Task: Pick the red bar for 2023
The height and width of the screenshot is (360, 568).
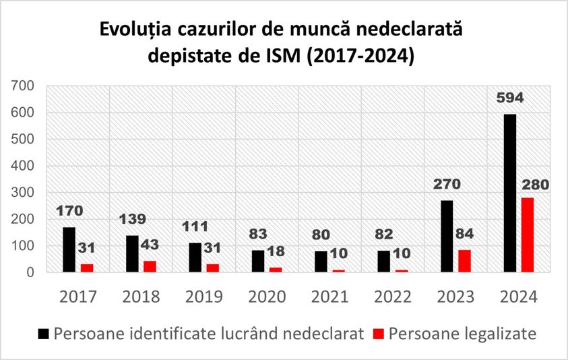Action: pos(465,261)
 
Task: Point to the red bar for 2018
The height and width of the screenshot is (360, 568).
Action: pos(149,266)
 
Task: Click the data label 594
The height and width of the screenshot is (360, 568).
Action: pos(510,98)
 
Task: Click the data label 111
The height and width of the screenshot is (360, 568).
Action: pos(195,227)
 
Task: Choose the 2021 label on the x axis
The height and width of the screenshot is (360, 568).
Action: pos(330,297)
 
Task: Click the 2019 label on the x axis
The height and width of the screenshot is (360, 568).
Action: pos(204,297)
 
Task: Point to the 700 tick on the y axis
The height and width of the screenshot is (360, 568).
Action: pos(23,86)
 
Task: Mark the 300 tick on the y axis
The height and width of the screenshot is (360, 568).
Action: pos(23,193)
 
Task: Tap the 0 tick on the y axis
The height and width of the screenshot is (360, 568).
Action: pos(29,272)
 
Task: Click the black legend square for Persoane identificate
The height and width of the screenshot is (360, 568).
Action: pos(44,334)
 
